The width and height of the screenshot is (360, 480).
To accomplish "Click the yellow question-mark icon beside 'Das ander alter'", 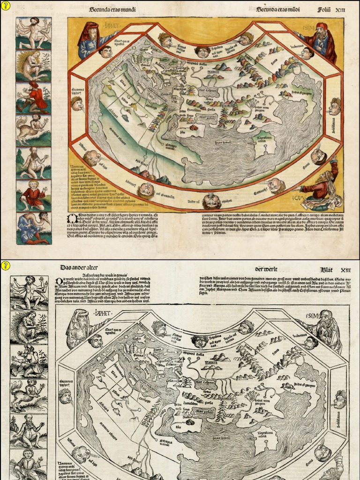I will [5, 265].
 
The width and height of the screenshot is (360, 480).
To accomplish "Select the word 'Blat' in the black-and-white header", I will [327, 270].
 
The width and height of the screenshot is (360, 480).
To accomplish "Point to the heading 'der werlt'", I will [266, 269].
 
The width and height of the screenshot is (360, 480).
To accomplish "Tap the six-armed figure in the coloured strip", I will [33, 33].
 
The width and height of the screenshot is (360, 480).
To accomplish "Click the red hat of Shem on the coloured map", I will [322, 26].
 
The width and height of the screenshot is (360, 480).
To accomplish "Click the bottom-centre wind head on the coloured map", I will [211, 202].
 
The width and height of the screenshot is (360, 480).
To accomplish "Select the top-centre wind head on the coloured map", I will [202, 52].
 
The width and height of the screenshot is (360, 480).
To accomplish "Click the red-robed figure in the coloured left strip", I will [33, 97].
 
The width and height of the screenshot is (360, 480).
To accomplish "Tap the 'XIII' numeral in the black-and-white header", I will [345, 270].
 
